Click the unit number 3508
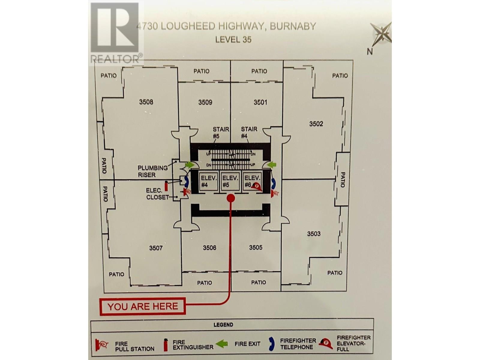pyautogui.click(x=146, y=102)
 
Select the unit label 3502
pyautogui.click(x=316, y=124)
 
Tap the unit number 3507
pyautogui.click(x=156, y=248)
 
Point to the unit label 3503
pyautogui.click(x=314, y=233)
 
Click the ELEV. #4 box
pyautogui.click(x=209, y=181)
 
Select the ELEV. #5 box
pyautogui.click(x=230, y=181)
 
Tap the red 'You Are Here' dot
pyautogui.click(x=230, y=198)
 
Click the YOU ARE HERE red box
pyautogui.click(x=142, y=306)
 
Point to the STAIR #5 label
pyautogui.click(x=221, y=133)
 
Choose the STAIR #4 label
pyautogui.click(x=249, y=132)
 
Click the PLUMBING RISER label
pyautogui.click(x=152, y=171)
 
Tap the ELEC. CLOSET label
pyautogui.click(x=154, y=194)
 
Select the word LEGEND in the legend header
pyautogui.click(x=223, y=325)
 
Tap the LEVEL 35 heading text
pyautogui.click(x=233, y=39)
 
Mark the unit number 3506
pyautogui.click(x=209, y=247)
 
